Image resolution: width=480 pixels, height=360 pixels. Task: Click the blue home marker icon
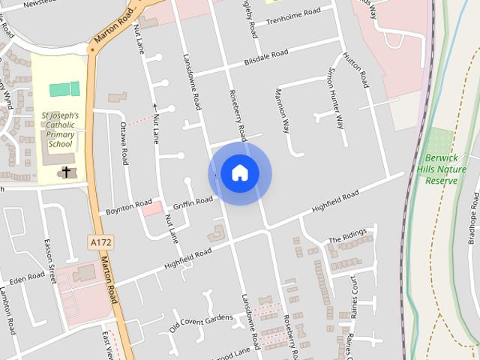pyautogui.click(x=239, y=172)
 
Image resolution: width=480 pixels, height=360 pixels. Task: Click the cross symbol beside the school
pyautogui.click(x=66, y=172)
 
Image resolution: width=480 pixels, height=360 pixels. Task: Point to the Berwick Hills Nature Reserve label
pyautogui.click(x=441, y=169)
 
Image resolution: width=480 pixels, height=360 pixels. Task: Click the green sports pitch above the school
pyautogui.click(x=64, y=89)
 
